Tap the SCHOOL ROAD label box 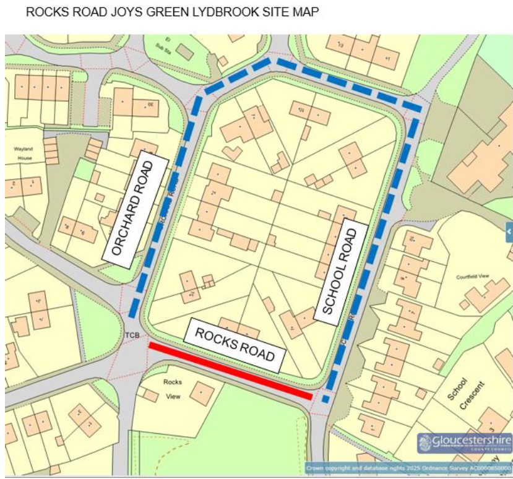341,271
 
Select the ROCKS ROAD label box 235,345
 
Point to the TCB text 132,336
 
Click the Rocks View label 173,389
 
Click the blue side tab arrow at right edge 509,232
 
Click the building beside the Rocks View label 202,393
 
